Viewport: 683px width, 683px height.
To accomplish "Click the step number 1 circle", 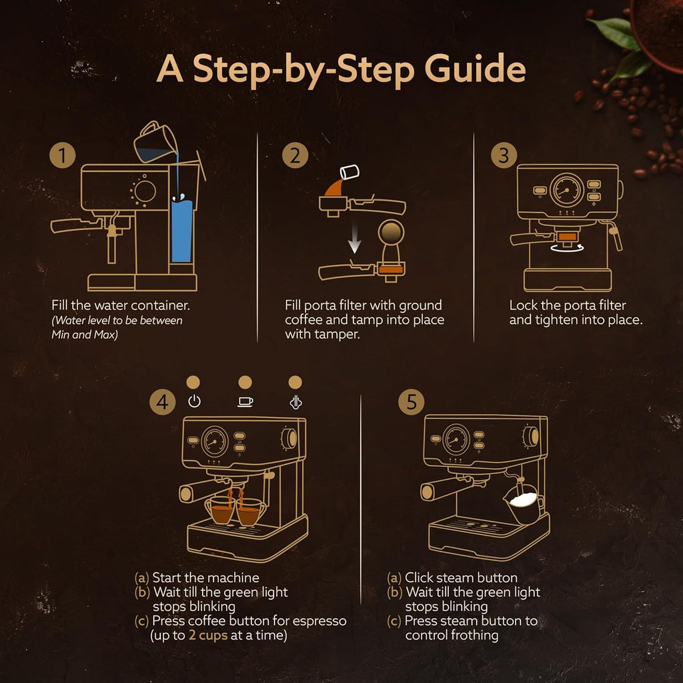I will click(x=62, y=157).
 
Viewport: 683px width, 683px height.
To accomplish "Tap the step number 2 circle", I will click(x=295, y=157).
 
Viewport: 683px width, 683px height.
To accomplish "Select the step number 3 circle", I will click(x=504, y=156).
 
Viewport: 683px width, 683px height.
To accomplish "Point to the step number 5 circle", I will click(x=411, y=402).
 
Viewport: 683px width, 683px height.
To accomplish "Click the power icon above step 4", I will click(x=194, y=402).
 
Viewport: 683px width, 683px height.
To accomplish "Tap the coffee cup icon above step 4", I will click(x=245, y=402).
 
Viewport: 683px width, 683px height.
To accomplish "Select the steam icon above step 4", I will click(x=295, y=402).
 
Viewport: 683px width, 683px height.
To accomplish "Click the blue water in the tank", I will click(x=181, y=230).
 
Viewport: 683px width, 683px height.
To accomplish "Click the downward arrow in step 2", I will click(x=355, y=237).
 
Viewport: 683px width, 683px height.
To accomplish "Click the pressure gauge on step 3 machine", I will click(x=568, y=189).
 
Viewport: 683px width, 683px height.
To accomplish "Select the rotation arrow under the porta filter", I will click(x=568, y=247).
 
